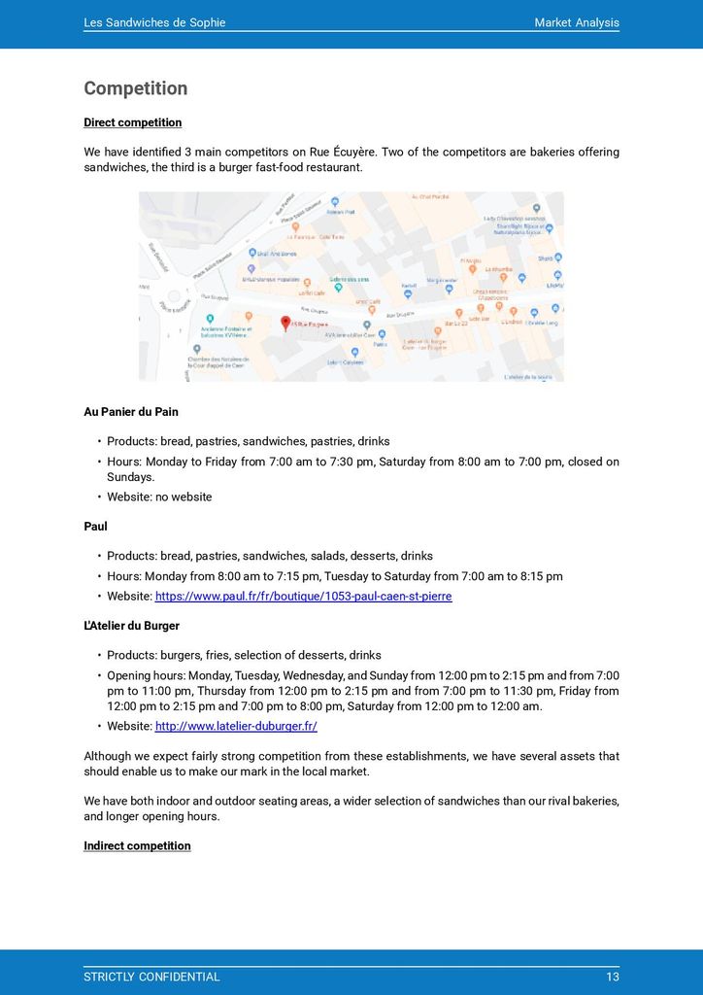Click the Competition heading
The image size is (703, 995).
point(136,88)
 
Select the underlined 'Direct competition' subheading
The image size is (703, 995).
point(133,122)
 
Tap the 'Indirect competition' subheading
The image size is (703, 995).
point(137,845)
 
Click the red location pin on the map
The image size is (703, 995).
point(285,323)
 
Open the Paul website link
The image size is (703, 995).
point(303,596)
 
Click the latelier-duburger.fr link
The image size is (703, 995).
point(236,726)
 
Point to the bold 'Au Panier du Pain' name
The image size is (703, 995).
point(131,412)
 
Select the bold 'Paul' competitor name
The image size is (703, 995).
point(95,527)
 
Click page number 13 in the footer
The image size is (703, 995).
point(612,977)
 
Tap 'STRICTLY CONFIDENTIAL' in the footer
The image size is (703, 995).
point(151,977)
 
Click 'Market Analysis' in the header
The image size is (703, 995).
point(576,22)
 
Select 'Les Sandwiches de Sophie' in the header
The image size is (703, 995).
point(154,22)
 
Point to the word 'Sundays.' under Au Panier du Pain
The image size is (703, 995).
point(130,477)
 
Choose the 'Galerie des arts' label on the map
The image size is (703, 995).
point(349,280)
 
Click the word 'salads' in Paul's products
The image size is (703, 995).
point(327,556)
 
